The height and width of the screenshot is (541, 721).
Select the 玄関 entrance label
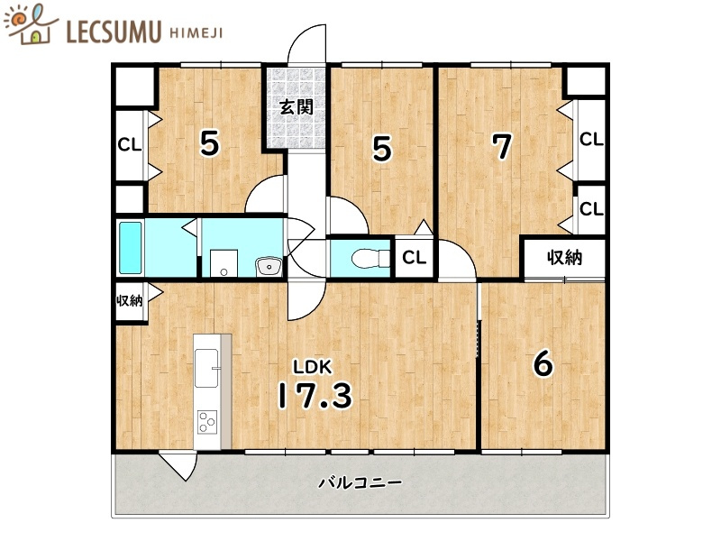pos(295,107)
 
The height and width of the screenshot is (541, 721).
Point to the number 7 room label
pos(503,146)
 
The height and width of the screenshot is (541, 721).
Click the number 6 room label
pos(543,363)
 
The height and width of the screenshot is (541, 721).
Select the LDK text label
pos(312,365)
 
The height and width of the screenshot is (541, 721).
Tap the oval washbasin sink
pos(269,265)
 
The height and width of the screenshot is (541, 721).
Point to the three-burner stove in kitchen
pos(207,421)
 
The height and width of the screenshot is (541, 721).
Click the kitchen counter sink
pos(207,359)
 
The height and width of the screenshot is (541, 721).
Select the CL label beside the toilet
pos(414,258)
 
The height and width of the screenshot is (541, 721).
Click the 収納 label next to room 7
pos(564,258)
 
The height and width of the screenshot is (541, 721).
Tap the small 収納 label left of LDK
pos(129,300)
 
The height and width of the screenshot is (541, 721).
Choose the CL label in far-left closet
pos(129,144)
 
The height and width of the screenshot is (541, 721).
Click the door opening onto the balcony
pos(178,465)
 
